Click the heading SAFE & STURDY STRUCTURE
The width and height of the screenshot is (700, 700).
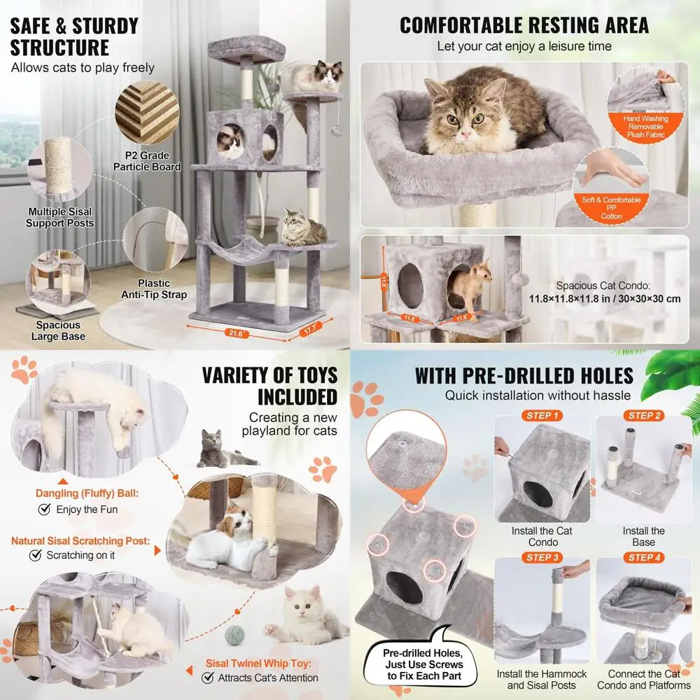click(x=74, y=36)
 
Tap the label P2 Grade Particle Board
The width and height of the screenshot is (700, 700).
click(x=147, y=161)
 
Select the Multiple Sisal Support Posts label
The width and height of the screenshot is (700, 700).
click(x=59, y=217)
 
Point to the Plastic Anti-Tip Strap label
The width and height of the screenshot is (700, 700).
click(x=155, y=289)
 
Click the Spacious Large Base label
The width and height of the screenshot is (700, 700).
click(x=58, y=330)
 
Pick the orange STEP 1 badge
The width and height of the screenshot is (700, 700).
click(x=541, y=416)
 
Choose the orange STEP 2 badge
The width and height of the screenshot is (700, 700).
click(x=644, y=416)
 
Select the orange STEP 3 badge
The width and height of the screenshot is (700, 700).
click(x=541, y=557)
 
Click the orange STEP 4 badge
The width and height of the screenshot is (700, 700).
click(x=644, y=557)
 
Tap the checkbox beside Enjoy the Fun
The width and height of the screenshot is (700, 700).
click(x=45, y=510)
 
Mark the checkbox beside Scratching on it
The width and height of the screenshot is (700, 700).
click(x=36, y=555)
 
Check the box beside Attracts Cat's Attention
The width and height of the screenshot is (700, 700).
click(x=208, y=678)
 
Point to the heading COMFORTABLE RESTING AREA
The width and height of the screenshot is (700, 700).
click(x=524, y=25)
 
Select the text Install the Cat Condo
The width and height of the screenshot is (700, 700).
click(x=541, y=536)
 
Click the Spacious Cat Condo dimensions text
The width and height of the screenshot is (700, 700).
click(x=605, y=292)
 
